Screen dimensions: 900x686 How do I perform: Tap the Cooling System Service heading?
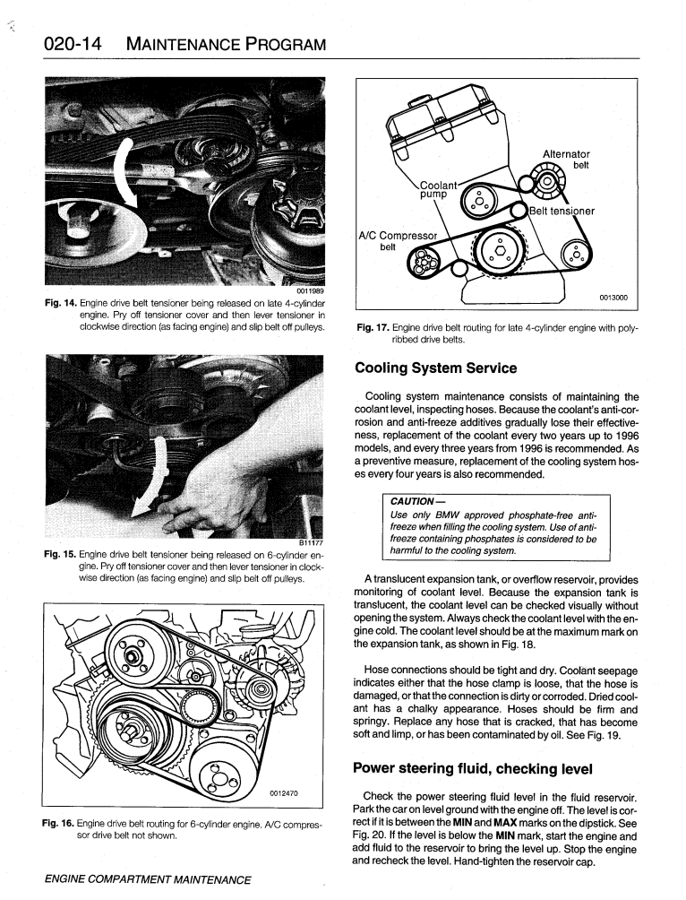pyautogui.click(x=436, y=368)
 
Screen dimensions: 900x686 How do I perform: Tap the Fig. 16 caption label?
pyautogui.click(x=61, y=823)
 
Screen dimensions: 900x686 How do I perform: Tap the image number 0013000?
pyautogui.click(x=613, y=298)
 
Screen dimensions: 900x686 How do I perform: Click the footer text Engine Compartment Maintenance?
pyautogui.click(x=147, y=879)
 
